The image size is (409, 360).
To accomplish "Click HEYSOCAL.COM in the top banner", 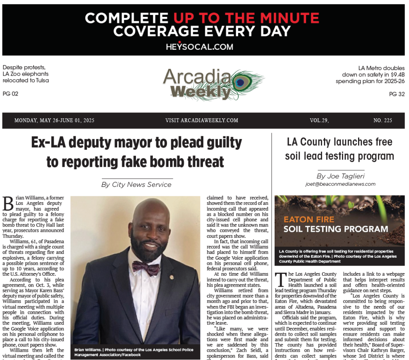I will pos(199,47).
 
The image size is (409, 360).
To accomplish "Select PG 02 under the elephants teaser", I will pos(11,94).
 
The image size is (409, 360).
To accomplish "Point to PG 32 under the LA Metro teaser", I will pos(397,94).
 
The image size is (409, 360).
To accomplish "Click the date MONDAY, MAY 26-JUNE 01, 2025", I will pos(54,120).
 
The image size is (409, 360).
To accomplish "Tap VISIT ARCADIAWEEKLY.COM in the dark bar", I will pos(202,120).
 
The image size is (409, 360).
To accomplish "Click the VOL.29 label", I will pos(319,120).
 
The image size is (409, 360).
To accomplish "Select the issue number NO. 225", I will pos(382,120).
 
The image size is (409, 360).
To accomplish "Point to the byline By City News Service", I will pos(136,185).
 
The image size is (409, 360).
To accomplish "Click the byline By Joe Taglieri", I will pos(340,176).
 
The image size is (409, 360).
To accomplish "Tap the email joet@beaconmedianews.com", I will pos(340,184).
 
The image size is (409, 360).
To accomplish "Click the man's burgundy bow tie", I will pos(146,268).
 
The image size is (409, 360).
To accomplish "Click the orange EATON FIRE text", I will pos(309,219).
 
